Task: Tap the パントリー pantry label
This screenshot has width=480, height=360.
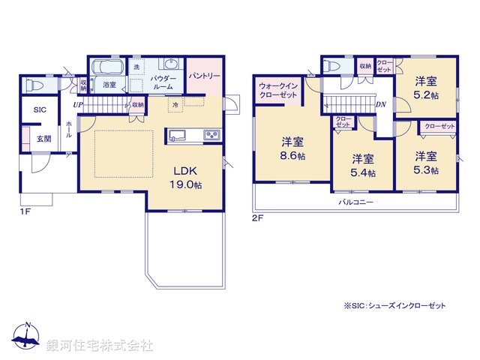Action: pyautogui.click(x=203, y=76)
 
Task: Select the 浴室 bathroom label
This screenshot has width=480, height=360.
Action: pyautogui.click(x=109, y=85)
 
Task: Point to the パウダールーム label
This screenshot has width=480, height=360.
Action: pyautogui.click(x=163, y=82)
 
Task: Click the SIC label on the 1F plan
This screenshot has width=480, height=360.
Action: pyautogui.click(x=40, y=110)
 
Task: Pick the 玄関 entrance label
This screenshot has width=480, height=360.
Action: pyautogui.click(x=43, y=139)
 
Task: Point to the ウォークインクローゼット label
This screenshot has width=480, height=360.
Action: pyautogui.click(x=279, y=91)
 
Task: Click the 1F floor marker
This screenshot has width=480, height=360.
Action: pyautogui.click(x=25, y=211)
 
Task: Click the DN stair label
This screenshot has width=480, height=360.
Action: pyautogui.click(x=380, y=105)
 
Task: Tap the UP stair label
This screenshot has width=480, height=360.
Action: pyautogui.click(x=78, y=105)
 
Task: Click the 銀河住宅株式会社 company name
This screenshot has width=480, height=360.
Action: pyautogui.click(x=100, y=346)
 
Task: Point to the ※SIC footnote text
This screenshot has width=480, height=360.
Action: pyautogui.click(x=394, y=306)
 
